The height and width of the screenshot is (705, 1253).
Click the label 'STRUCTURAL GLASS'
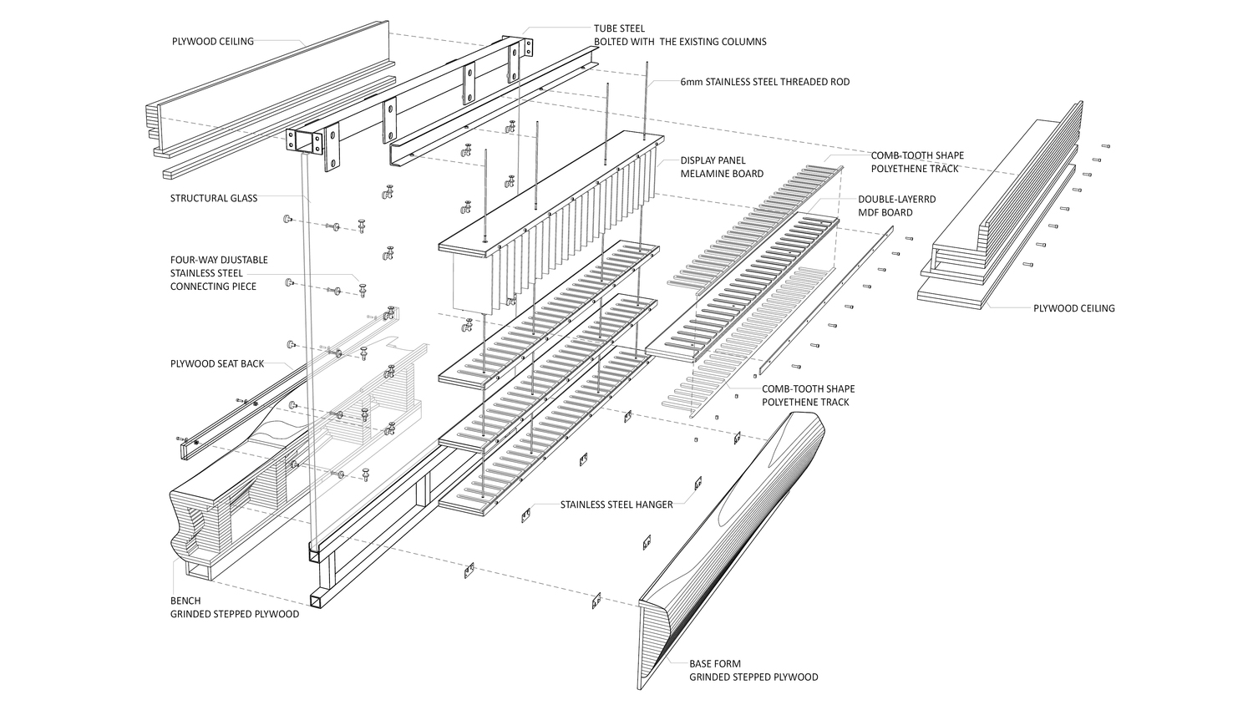coord(214,199)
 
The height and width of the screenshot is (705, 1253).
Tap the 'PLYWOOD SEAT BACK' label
coord(217,364)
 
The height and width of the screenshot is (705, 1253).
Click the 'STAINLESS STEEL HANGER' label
coord(616,505)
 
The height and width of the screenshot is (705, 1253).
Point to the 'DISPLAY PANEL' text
coord(713,160)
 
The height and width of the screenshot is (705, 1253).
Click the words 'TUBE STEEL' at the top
coord(619,28)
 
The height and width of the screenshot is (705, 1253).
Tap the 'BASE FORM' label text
coord(714,664)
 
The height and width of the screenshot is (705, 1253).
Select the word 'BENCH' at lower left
coord(185,601)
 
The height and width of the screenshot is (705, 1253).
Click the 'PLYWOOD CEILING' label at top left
coord(213,41)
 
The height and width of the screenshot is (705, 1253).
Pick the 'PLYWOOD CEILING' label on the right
coord(1073,308)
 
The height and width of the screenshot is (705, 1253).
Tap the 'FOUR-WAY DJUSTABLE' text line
coord(219,260)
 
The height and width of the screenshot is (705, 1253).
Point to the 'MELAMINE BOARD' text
coord(722,174)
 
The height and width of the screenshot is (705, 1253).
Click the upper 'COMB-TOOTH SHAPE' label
coord(917,155)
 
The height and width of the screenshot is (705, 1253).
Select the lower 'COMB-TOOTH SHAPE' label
coord(808,388)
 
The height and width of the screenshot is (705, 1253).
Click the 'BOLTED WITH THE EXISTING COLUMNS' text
coord(680,42)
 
